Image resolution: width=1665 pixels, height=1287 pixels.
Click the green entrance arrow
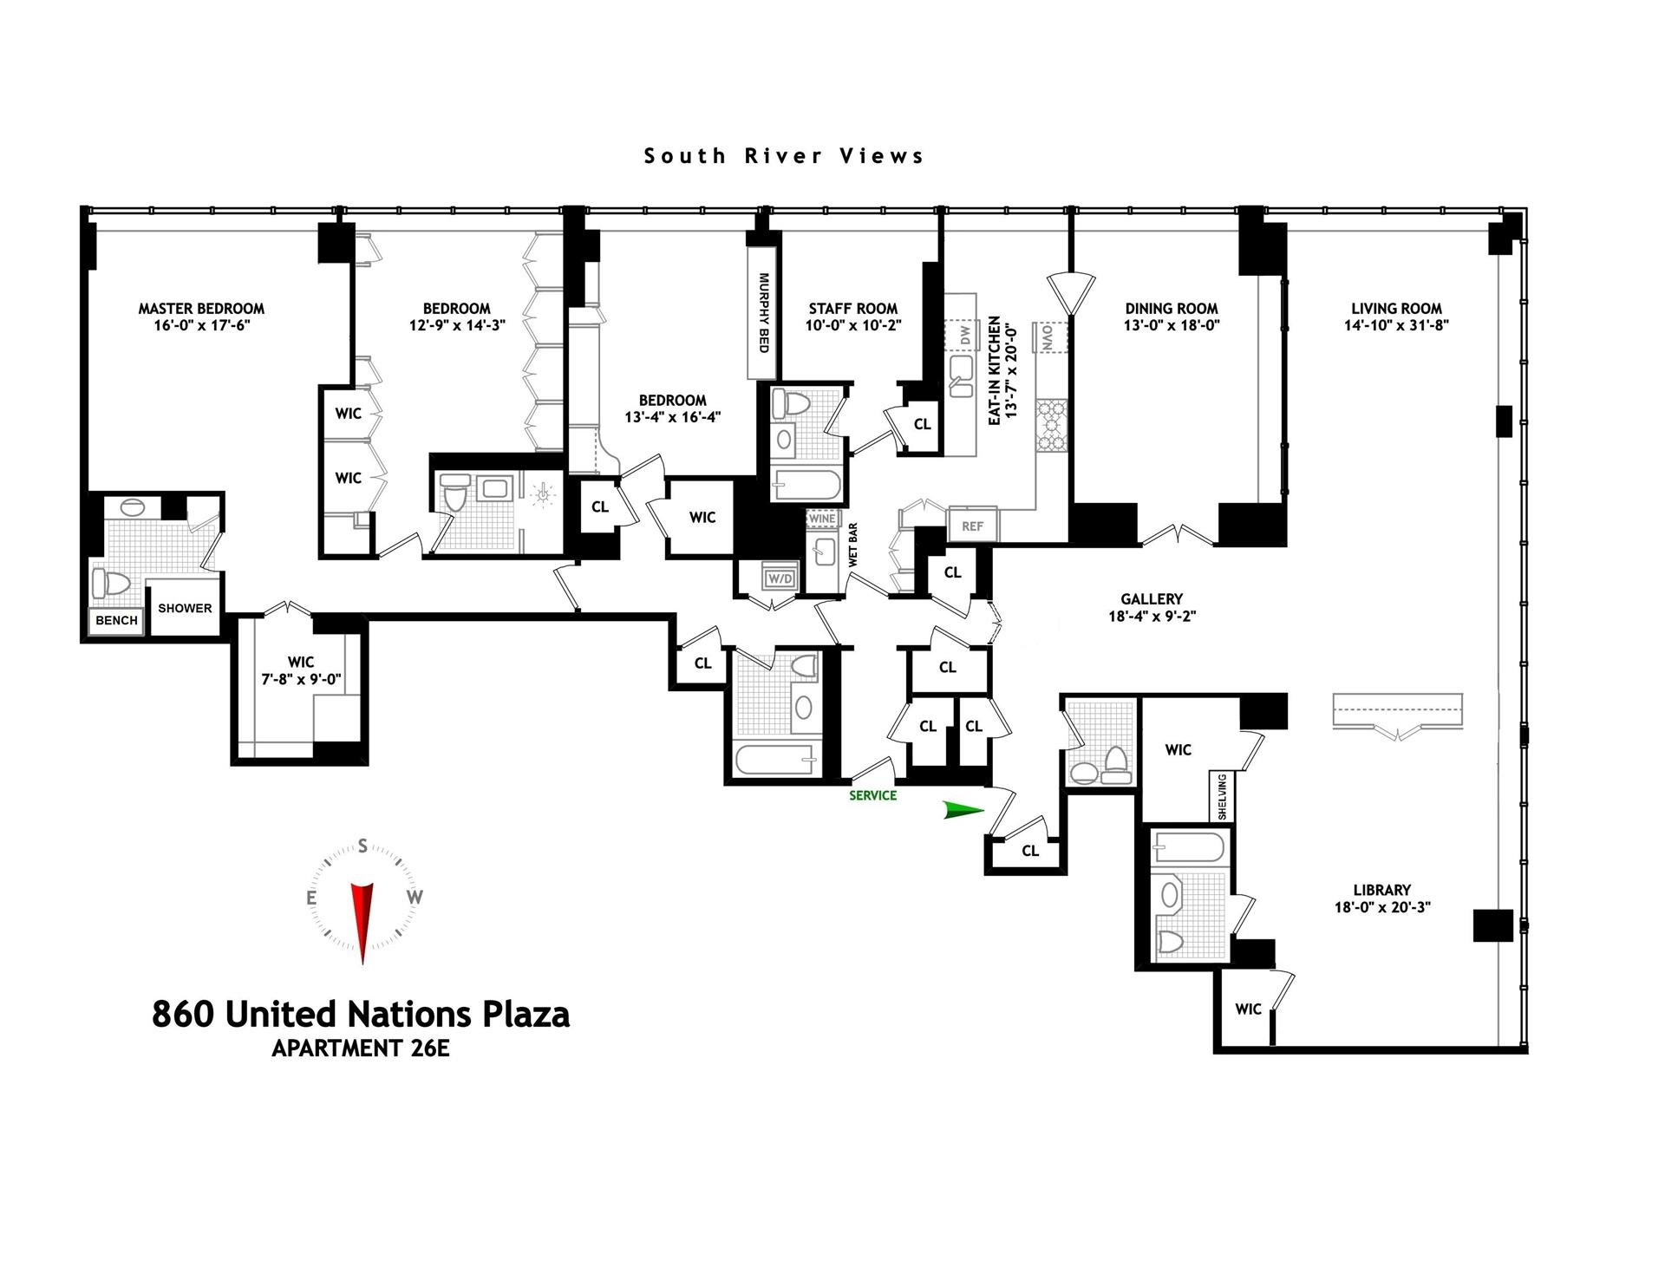[963, 810]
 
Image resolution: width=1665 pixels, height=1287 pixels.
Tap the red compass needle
[362, 919]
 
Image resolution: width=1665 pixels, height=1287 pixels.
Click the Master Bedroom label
[201, 309]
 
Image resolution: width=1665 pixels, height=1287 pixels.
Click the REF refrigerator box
[972, 526]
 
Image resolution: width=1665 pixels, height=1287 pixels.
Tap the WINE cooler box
[821, 519]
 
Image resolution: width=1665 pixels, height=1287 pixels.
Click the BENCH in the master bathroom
[116, 620]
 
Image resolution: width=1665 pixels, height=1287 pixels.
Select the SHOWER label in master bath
[185, 608]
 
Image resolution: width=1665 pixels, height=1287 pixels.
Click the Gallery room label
[1151, 599]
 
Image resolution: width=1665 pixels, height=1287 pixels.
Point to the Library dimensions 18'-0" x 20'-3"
[1381, 907]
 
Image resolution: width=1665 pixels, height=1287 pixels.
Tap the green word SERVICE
[872, 795]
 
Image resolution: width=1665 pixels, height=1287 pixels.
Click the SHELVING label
[1222, 796]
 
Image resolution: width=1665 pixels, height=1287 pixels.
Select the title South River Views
[784, 156]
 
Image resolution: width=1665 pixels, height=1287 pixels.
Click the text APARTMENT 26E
[361, 1048]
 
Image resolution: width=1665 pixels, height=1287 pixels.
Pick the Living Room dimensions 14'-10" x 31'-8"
[1396, 325]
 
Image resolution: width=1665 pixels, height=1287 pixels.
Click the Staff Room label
[852, 309]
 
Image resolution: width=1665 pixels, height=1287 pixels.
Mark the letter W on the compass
[415, 897]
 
